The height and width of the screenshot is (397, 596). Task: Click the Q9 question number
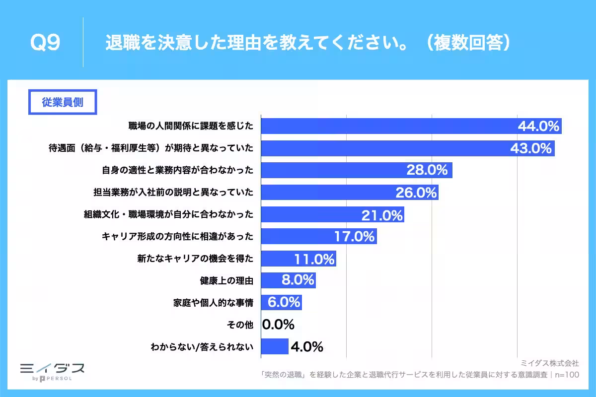pos(45,44)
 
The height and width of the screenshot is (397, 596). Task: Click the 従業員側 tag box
pos(62,102)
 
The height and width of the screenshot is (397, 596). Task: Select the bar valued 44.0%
pos(387,126)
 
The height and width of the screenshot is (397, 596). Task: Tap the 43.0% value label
pos(531,148)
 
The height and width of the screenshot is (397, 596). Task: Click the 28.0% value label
pos(427,170)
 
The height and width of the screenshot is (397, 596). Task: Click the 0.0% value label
pos(278,325)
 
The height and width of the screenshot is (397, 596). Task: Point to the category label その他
pos(239,325)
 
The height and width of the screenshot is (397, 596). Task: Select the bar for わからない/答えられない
pos(274,346)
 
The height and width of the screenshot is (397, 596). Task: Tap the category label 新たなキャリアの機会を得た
pos(195,259)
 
